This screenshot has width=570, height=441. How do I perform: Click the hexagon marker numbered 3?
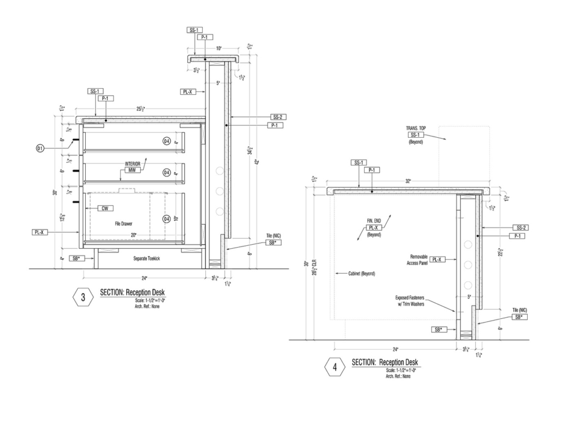[83, 297]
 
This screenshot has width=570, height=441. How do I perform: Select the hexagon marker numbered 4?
[335, 367]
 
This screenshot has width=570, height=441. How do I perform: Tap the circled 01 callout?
[40, 148]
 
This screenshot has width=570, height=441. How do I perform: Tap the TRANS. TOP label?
[416, 128]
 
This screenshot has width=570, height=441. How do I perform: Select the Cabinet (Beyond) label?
[361, 274]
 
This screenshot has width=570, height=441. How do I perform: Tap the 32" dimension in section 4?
[408, 181]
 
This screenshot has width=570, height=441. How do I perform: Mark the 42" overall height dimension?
[257, 162]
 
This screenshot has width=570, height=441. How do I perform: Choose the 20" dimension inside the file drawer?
[134, 236]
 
